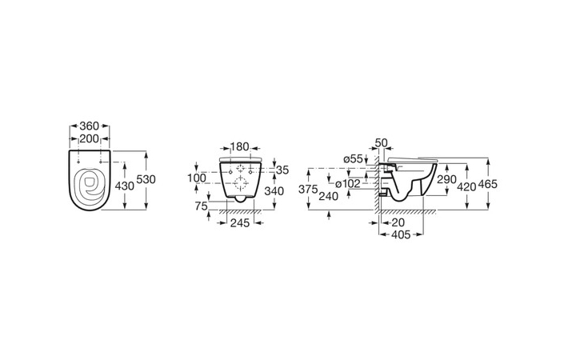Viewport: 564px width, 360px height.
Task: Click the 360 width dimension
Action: [90, 126]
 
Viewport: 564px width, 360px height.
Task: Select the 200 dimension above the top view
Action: [89, 138]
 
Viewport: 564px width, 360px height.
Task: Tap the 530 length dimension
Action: [146, 178]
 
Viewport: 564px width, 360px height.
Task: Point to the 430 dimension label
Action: [124, 186]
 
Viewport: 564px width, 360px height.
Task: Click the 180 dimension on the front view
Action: [239, 146]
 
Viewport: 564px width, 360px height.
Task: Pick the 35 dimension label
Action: [282, 170]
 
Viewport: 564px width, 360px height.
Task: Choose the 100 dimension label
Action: [197, 178]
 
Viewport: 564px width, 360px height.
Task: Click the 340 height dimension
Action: [274, 191]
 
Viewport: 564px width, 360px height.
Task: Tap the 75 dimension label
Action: [202, 206]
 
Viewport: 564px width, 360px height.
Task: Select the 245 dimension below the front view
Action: [240, 223]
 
